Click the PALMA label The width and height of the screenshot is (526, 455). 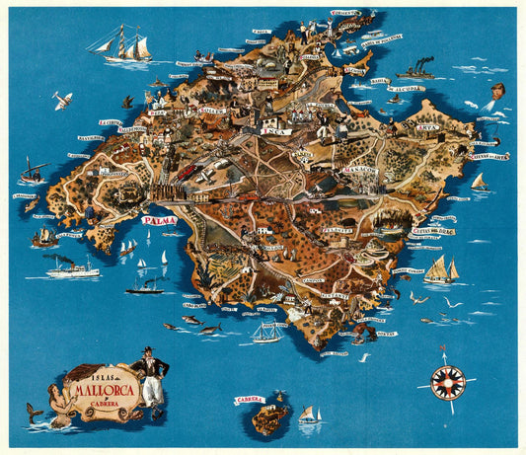(x=159, y=221)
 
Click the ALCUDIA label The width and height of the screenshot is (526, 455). (x=408, y=89)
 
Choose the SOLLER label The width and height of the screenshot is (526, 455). (x=211, y=112)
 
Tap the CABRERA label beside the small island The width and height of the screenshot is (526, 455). (x=250, y=400)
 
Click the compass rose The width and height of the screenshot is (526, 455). (x=447, y=382)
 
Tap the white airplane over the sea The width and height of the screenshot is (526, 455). (x=62, y=100)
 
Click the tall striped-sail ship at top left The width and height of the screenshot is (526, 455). (x=122, y=44)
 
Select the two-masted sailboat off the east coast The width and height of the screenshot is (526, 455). (x=441, y=268)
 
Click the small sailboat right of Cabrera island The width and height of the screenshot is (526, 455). (x=310, y=416)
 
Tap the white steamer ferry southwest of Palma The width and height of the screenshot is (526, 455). (x=70, y=266)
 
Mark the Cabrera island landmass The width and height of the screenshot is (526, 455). (x=269, y=418)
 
